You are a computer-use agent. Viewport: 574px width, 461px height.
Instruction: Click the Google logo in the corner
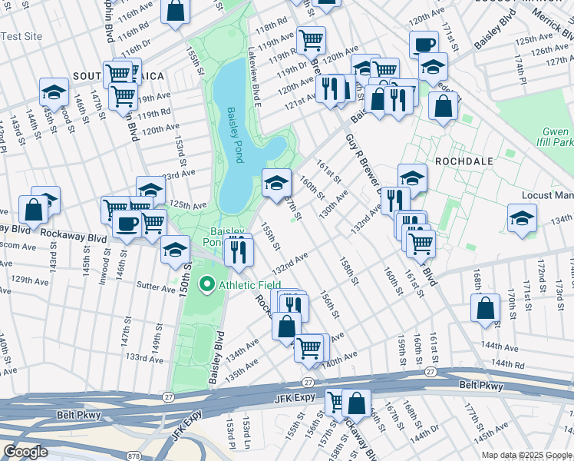(x=25, y=452)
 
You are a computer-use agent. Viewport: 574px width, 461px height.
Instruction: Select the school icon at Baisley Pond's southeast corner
(x=276, y=182)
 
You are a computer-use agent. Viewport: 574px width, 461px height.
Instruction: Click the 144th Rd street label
(x=509, y=363)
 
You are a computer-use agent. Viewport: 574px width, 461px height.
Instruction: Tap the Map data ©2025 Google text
(x=526, y=455)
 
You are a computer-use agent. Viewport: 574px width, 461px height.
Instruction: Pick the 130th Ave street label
(x=334, y=204)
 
